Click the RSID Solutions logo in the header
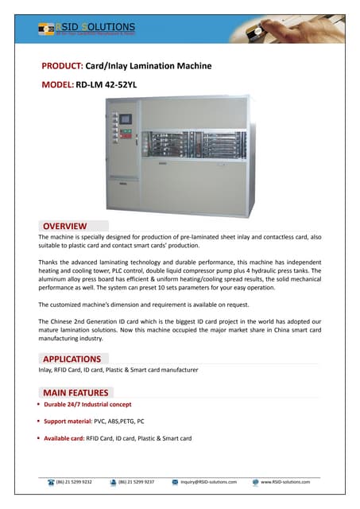[87, 29]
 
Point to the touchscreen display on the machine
[124, 119]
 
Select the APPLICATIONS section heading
[72, 359]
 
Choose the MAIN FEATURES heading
[76, 392]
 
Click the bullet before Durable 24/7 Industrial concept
[39, 406]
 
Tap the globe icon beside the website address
[255, 482]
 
